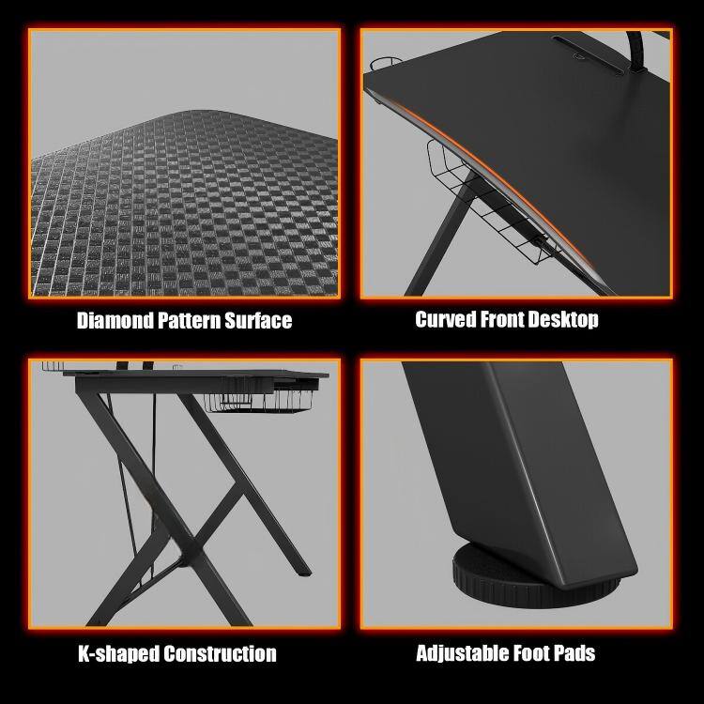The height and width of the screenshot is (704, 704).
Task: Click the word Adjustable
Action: tap(460, 652)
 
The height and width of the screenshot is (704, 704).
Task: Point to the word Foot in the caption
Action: tap(531, 652)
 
